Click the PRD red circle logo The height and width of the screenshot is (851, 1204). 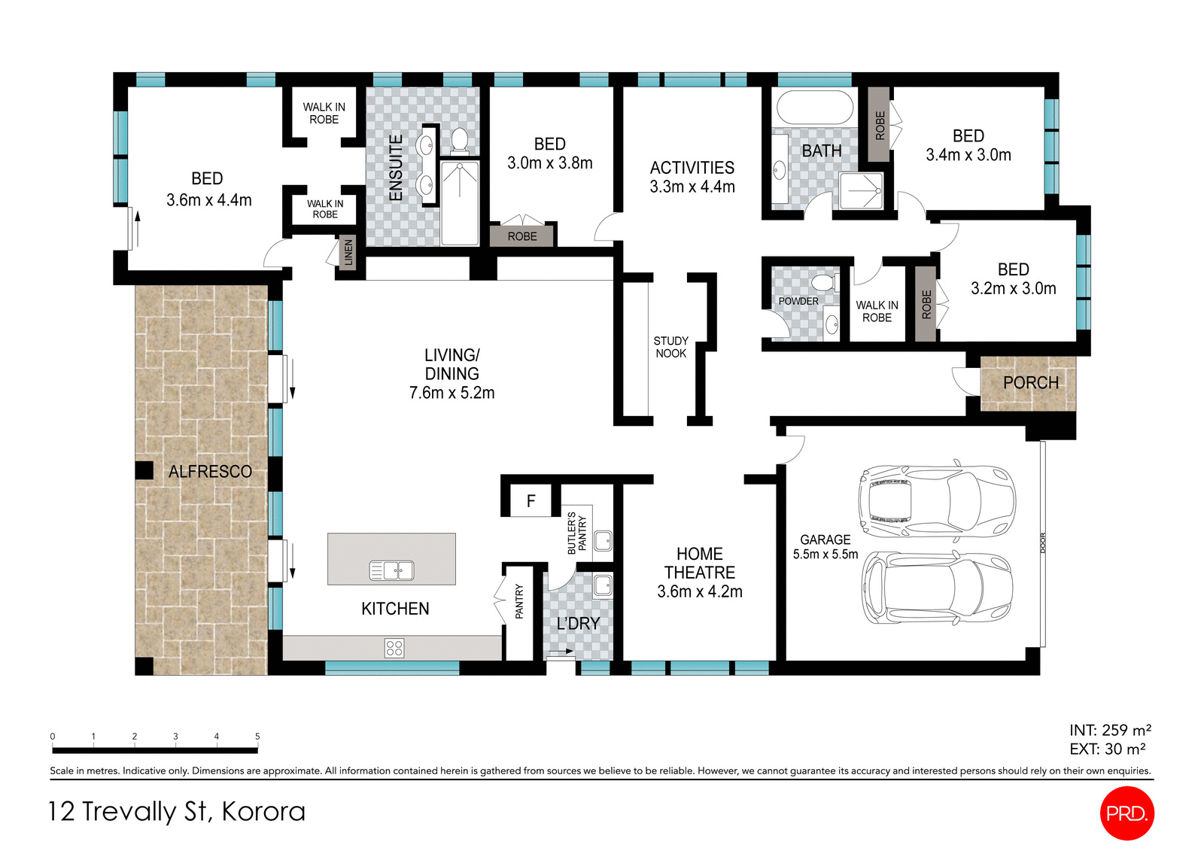[1126, 813]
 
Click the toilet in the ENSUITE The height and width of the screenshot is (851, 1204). [459, 140]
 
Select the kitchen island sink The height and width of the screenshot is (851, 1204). [391, 570]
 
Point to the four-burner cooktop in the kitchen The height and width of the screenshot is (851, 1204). [394, 648]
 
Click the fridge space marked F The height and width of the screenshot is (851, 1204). [531, 501]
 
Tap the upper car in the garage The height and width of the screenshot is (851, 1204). [937, 500]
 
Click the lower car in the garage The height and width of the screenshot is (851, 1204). [937, 588]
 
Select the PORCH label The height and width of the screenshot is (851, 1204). [1030, 383]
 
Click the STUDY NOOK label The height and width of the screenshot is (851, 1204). [670, 347]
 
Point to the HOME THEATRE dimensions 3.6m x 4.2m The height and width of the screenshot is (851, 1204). [699, 592]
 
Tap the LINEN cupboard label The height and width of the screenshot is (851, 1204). [348, 253]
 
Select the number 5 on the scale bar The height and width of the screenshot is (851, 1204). [257, 737]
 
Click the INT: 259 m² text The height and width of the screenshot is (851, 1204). [1110, 730]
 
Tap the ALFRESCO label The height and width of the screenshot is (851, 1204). [210, 472]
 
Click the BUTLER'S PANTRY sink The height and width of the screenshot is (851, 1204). [603, 540]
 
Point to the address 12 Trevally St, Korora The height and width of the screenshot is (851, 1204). [177, 811]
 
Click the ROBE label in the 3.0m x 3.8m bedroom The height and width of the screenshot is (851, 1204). [522, 236]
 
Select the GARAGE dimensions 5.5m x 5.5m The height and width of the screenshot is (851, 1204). [825, 555]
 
